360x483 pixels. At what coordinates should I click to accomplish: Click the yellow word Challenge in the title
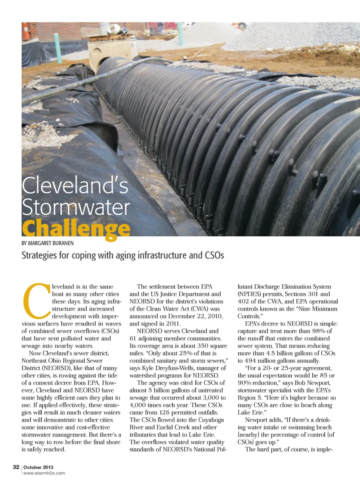coord(76,228)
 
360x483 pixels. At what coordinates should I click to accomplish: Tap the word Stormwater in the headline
coord(76,207)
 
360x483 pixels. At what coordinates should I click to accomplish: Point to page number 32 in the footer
coord(16,467)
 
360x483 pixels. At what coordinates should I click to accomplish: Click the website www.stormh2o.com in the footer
coord(44,473)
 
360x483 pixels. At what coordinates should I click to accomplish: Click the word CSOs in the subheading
coord(214,255)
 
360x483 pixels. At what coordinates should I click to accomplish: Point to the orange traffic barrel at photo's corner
coord(25,31)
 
